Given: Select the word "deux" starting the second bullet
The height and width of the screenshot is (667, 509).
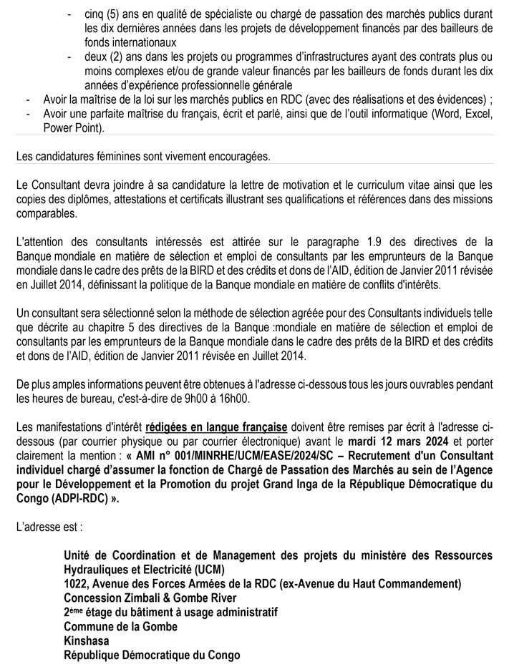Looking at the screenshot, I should tap(94, 57).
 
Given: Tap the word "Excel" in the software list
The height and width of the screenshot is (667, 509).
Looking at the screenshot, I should tap(475, 115).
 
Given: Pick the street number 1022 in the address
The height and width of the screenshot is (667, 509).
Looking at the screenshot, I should tap(76, 584).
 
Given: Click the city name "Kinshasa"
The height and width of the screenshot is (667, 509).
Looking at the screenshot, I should tap(87, 641).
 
